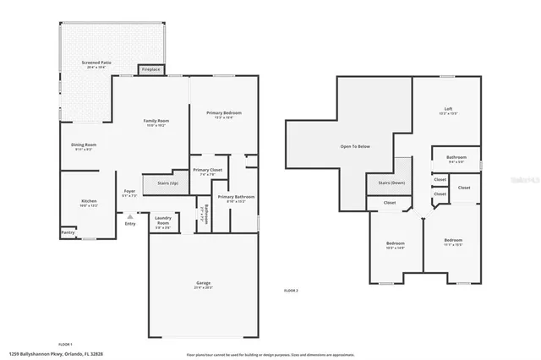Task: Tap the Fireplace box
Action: point(151,69)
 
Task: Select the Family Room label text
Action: point(156,122)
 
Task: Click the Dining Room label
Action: point(83,145)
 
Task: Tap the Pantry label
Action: point(68,232)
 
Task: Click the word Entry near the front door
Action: point(129,223)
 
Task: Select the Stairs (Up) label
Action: point(167,183)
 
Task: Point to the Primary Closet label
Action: point(207,171)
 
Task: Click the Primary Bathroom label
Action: point(236,198)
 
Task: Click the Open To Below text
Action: point(355,146)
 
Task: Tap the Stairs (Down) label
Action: point(391,183)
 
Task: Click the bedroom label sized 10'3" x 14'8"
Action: point(396,244)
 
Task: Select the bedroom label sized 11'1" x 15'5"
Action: point(453,242)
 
